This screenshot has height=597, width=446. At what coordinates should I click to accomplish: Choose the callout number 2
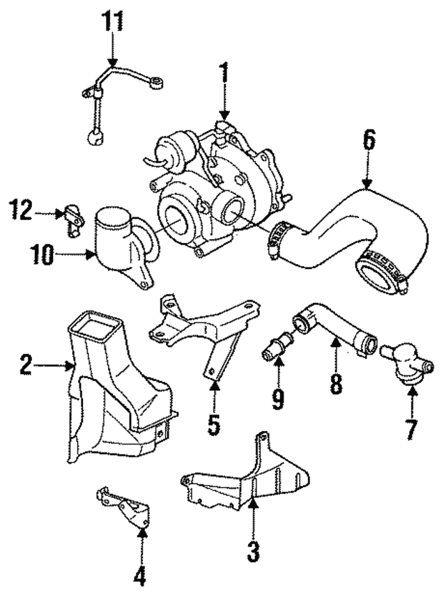[x=26, y=364]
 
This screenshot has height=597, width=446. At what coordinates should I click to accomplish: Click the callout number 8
[x=336, y=384]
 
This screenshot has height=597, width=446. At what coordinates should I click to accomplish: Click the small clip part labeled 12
[x=72, y=214]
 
